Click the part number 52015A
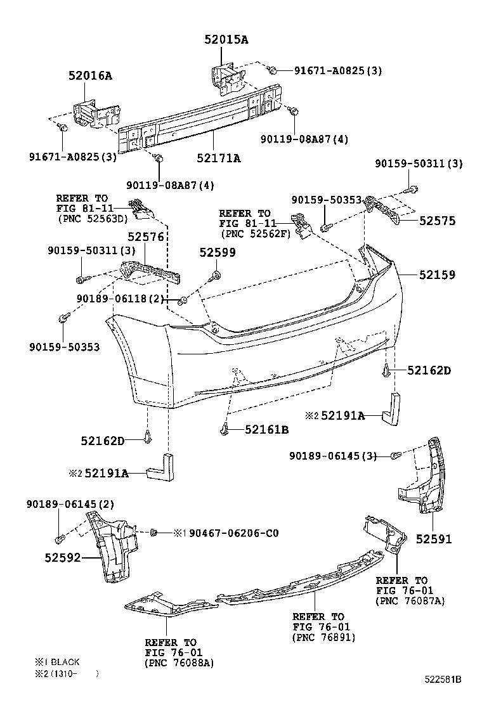(226, 39)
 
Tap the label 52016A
(90, 75)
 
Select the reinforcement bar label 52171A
(219, 158)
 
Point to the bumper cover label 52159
(437, 275)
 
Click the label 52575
(437, 221)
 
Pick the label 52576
(146, 237)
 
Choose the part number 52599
(218, 253)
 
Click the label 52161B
(266, 430)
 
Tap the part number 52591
(433, 539)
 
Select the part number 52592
(63, 558)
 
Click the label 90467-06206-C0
(234, 533)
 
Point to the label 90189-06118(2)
(120, 299)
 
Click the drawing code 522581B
(443, 680)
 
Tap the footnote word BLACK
(65, 662)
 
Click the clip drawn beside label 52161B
(225, 430)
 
